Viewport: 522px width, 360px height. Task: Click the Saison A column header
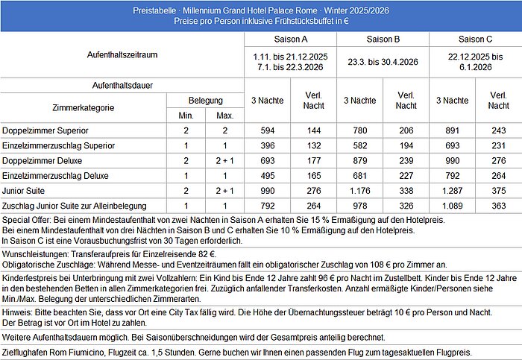click(x=291, y=39)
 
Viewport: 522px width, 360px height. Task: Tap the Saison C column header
click(x=475, y=39)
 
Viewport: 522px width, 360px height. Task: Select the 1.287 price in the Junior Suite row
click(x=453, y=189)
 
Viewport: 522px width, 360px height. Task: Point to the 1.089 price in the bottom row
click(x=453, y=204)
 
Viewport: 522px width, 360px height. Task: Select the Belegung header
click(x=205, y=99)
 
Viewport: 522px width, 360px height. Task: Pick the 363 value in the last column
click(x=497, y=204)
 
